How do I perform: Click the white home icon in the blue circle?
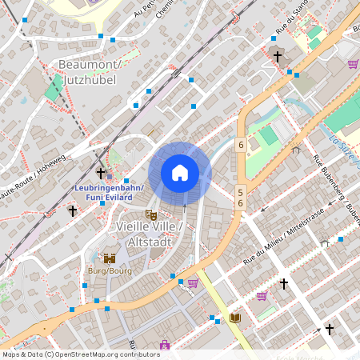(180, 172)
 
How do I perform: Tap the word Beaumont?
(88, 64)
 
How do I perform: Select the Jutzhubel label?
(89, 80)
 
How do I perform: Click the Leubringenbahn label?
(108, 188)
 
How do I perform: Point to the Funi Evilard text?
(108, 198)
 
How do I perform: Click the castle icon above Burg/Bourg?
(110, 258)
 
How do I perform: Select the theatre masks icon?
(150, 214)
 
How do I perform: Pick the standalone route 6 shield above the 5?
(240, 145)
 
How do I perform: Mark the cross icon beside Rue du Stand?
(278, 57)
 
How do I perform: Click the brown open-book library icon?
(235, 318)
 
